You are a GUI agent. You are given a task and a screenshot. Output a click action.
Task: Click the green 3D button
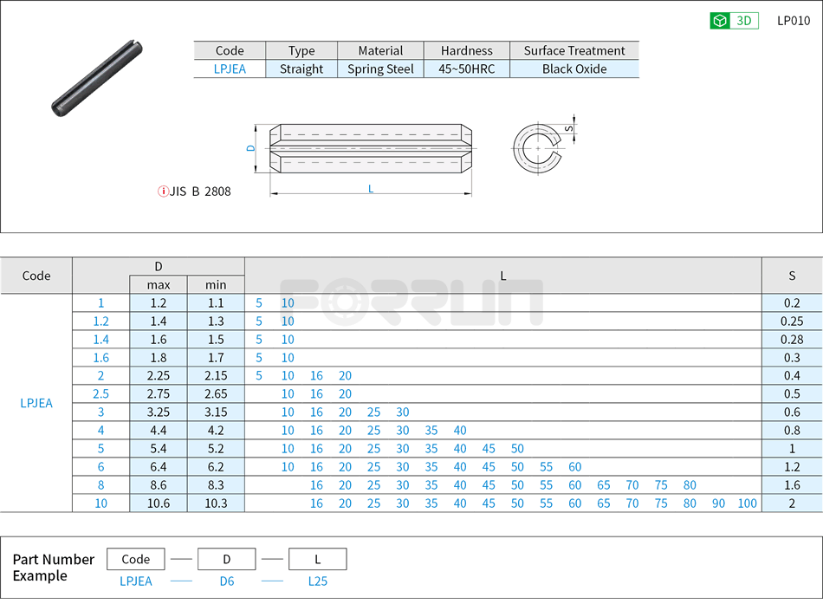coord(734,21)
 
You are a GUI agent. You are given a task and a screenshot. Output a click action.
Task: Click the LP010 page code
coord(794,21)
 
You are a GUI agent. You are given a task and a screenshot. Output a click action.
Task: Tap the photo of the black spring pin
coord(96,77)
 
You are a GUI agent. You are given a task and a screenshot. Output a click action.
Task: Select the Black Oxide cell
coord(574,69)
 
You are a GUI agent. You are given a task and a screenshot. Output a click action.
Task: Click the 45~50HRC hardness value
coord(467,69)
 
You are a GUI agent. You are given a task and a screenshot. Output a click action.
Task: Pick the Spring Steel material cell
coord(380,69)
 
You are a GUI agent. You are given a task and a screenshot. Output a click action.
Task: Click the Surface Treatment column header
coord(574,50)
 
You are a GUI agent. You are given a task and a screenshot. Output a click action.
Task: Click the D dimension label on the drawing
coord(251,148)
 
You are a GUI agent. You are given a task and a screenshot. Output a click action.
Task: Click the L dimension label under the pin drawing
coord(371,189)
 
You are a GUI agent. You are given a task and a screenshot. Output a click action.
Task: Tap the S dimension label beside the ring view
coord(568,128)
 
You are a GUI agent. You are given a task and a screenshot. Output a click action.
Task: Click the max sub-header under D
coord(159,284)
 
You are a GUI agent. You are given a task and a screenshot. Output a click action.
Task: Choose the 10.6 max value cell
coord(159,503)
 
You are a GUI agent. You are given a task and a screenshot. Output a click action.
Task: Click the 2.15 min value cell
coord(216,376)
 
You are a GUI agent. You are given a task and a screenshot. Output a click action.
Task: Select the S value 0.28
coord(792,340)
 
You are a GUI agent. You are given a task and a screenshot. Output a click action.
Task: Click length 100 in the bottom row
coord(747,503)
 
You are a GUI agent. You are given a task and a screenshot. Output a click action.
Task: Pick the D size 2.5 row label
coord(101,394)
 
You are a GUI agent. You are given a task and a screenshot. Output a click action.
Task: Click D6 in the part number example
coord(226,581)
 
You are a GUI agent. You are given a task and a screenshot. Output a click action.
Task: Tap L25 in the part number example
coord(318,581)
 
